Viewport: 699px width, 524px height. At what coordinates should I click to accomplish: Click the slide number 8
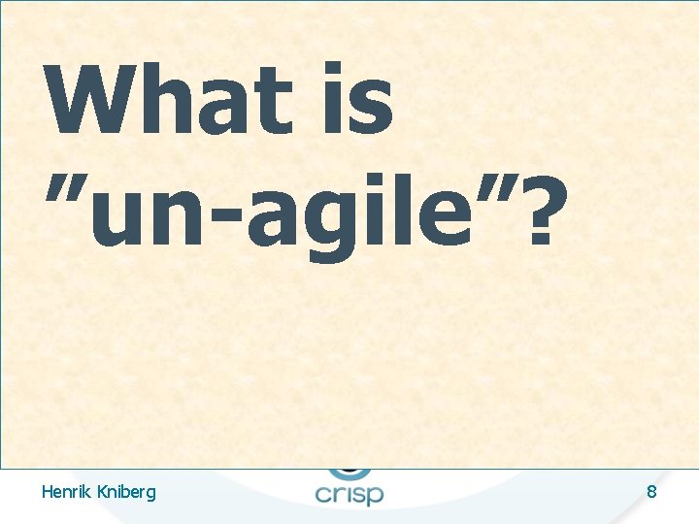[x=651, y=492]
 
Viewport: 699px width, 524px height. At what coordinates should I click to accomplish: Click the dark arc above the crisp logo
[x=349, y=473]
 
